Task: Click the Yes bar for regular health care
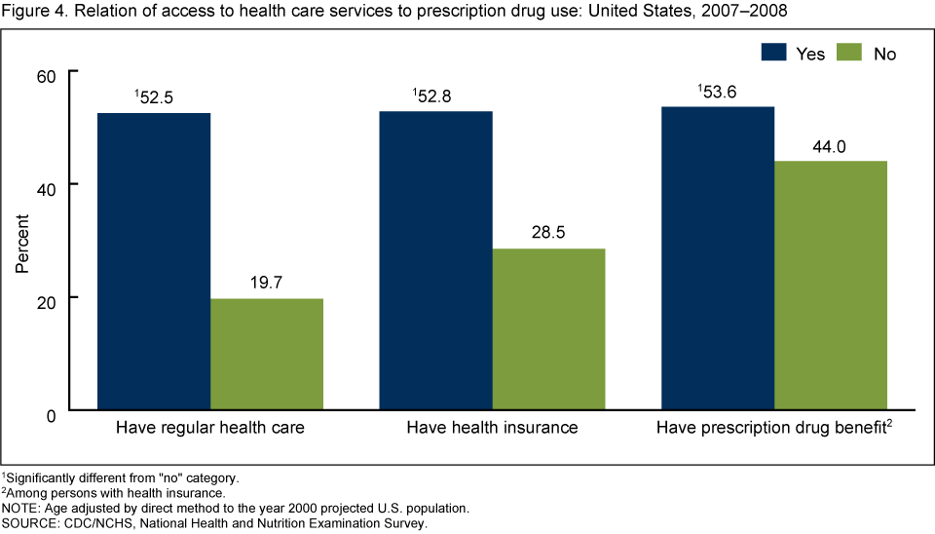154,261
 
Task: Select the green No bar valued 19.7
267,354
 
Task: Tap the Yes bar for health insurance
436,260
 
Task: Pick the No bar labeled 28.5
549,329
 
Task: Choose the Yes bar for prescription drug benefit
718,257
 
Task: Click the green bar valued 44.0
831,285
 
